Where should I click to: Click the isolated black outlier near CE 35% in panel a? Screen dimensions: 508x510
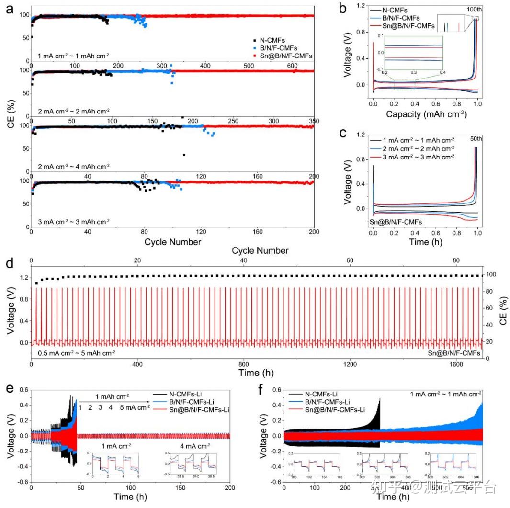click(184, 155)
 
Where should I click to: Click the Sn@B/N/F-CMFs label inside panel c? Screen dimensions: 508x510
click(396, 222)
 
